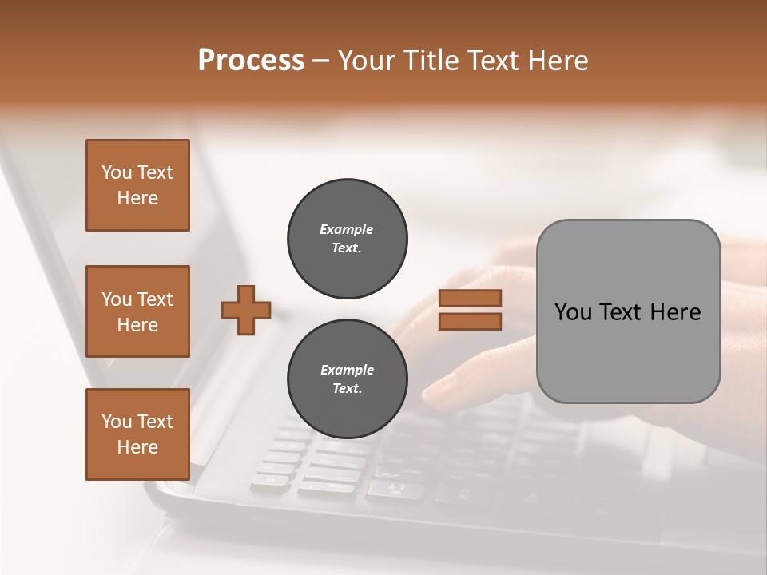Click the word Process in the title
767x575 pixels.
click(x=251, y=61)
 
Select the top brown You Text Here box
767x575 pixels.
click(x=137, y=185)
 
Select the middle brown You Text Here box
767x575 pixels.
click(x=137, y=311)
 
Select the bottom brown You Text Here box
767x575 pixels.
click(x=137, y=434)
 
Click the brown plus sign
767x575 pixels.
click(x=246, y=310)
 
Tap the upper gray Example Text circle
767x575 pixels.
click(x=347, y=239)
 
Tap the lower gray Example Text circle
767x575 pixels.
click(x=347, y=379)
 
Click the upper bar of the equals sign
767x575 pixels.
click(x=470, y=299)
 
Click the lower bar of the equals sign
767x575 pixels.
click(x=470, y=321)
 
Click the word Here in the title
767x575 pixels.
click(x=558, y=61)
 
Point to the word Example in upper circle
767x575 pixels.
click(x=346, y=229)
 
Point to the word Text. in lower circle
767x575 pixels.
click(x=347, y=389)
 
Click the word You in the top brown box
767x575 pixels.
click(x=116, y=172)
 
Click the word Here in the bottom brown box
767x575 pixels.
click(x=137, y=447)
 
